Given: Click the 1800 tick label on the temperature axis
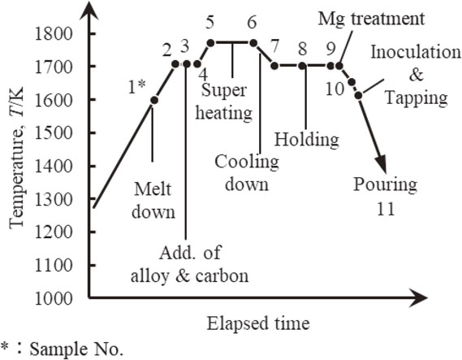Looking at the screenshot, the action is click(54, 34).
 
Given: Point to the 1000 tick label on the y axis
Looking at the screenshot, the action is click(54, 298).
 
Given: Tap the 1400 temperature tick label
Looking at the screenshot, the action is click(54, 167).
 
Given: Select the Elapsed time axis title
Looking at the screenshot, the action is click(258, 323).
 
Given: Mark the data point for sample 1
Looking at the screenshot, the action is click(154, 101).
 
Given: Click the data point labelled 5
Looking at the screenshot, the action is click(210, 43).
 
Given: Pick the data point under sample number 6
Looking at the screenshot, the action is click(253, 43).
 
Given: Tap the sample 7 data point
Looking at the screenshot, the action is click(274, 66).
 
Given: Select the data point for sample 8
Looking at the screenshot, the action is click(302, 66).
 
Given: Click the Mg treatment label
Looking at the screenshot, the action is click(371, 20).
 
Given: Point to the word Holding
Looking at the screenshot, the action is click(307, 140).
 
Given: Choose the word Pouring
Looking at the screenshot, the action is click(386, 184).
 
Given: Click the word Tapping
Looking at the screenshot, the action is click(417, 98).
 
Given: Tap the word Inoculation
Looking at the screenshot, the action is click(416, 52).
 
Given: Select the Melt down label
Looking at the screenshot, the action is click(153, 201).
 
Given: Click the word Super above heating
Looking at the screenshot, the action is click(223, 90).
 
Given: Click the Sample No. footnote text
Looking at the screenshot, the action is click(76, 349).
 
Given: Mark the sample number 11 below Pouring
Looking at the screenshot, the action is click(386, 209).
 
